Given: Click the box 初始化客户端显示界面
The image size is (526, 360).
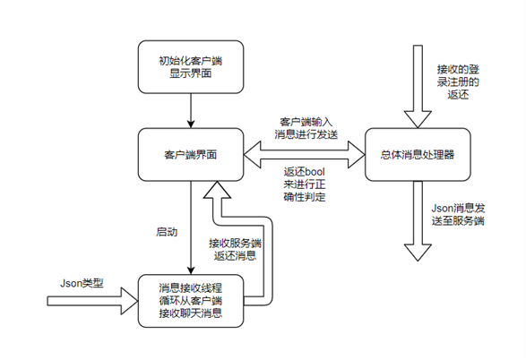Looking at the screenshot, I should [192, 66].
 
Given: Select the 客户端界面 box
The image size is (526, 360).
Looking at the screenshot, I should [192, 154].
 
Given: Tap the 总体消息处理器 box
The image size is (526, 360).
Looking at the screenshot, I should [418, 154].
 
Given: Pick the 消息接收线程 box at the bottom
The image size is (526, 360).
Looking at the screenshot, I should [192, 300].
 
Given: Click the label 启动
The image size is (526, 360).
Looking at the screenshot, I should [167, 231].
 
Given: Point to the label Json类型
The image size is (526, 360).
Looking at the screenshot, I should [82, 283].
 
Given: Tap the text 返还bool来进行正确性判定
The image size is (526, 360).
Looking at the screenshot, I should [306, 184].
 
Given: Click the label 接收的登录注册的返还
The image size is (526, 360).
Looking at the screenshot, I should [458, 81].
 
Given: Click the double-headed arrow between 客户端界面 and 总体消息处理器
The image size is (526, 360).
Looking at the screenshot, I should [306, 154].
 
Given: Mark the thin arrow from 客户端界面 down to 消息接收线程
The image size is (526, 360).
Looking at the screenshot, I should [192, 224].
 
